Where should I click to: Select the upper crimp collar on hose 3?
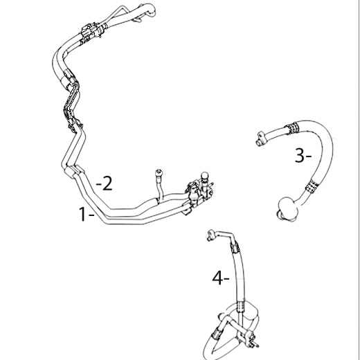292,128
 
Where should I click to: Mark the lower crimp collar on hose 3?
312,186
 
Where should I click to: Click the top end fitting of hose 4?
211,235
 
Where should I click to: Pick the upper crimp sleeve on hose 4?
235,246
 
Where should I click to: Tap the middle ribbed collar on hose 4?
240,307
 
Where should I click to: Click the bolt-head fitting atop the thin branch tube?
159,172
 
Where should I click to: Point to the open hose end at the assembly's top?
150,10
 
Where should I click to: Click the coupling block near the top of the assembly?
91,32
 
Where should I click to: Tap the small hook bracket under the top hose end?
138,20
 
